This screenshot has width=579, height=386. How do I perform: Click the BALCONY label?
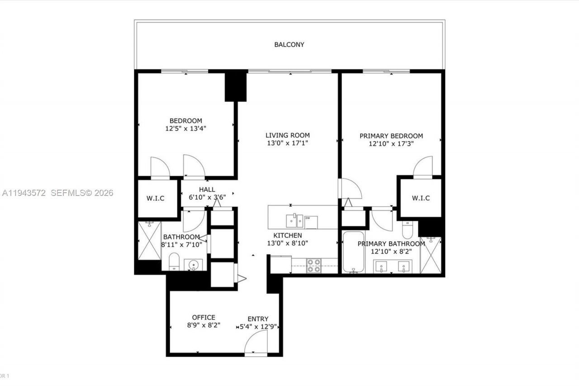click(289, 45)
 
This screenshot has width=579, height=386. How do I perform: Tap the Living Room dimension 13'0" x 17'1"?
click(288, 143)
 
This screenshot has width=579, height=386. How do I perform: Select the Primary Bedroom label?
click(391, 136)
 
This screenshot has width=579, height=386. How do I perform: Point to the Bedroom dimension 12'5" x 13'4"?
click(186, 129)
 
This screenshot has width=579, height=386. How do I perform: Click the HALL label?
click(207, 190)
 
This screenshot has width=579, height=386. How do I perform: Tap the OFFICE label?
click(204, 317)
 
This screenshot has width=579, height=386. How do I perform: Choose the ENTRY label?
click(258, 319)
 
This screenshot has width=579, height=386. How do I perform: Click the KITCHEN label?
click(287, 235)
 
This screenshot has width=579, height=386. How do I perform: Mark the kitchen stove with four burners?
click(314, 266)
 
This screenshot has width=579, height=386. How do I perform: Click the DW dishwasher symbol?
click(310, 222)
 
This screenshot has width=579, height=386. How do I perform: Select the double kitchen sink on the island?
click(294, 221)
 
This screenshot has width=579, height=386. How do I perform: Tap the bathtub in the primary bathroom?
click(353, 252)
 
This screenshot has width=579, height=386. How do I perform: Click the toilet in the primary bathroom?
click(407, 229)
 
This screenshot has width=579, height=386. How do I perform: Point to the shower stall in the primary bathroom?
click(430, 255)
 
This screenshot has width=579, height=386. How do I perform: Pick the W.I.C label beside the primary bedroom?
click(421, 198)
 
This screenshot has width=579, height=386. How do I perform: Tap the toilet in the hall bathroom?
click(174, 262)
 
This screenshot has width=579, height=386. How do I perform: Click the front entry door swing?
click(256, 343)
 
